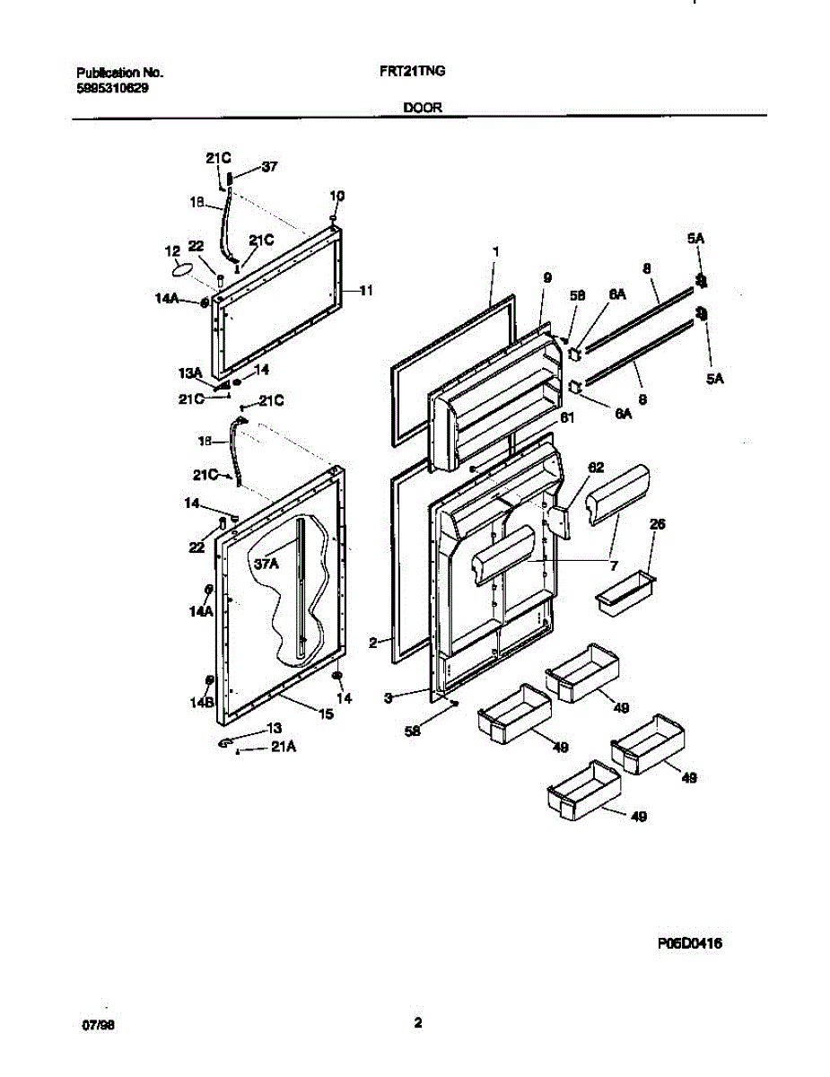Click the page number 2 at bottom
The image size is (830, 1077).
[418, 1021]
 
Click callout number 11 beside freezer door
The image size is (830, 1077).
[366, 290]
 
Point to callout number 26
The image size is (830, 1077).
[657, 524]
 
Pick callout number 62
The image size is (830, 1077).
[596, 468]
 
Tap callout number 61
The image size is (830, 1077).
[566, 416]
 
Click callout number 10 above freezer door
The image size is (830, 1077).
[336, 195]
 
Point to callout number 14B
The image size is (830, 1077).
[200, 704]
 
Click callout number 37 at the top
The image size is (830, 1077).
[269, 166]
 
